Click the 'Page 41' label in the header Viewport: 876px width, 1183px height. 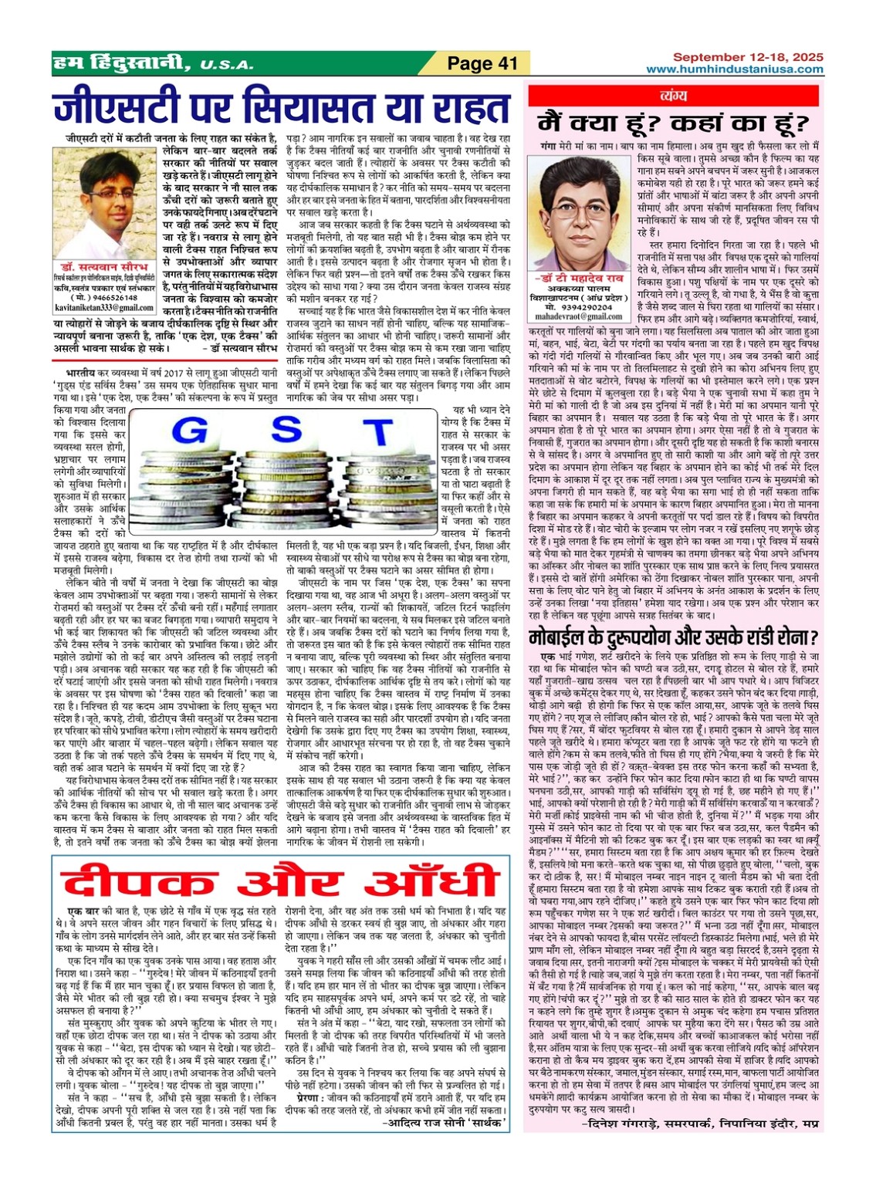[x=482, y=63]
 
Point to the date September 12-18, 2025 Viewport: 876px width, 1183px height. [x=748, y=57]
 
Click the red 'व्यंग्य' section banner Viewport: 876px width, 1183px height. [x=675, y=96]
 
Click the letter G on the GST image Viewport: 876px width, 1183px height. [x=189, y=431]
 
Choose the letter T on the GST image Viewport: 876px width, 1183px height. [x=377, y=433]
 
